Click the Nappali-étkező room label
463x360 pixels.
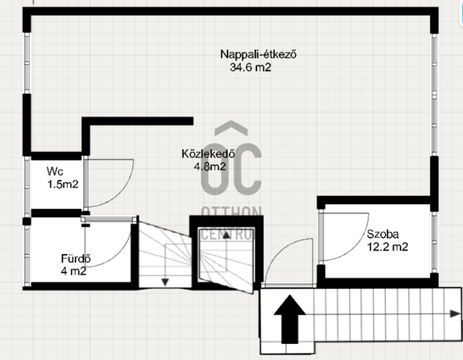click(258, 54)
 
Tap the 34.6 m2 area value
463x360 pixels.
click(251, 67)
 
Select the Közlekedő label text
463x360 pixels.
click(208, 153)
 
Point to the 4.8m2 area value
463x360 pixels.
click(210, 167)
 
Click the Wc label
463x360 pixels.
click(54, 171)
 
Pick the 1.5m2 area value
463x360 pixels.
click(63, 185)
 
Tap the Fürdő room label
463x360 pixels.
click(76, 259)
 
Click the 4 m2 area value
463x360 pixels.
click(74, 271)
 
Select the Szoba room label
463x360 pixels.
click(383, 234)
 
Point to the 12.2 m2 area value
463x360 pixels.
click(387, 247)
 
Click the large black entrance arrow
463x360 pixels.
click(290, 319)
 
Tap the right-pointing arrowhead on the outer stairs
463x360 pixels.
click(455, 314)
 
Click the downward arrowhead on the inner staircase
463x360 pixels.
click(165, 282)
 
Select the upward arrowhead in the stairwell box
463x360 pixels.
click(226, 235)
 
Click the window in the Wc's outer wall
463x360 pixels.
click(27, 183)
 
